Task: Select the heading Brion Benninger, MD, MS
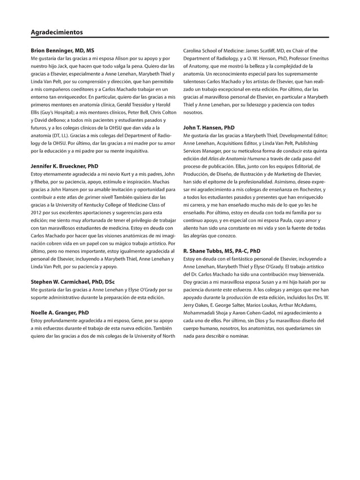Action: coord(62,51)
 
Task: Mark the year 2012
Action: coord(37,213)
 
